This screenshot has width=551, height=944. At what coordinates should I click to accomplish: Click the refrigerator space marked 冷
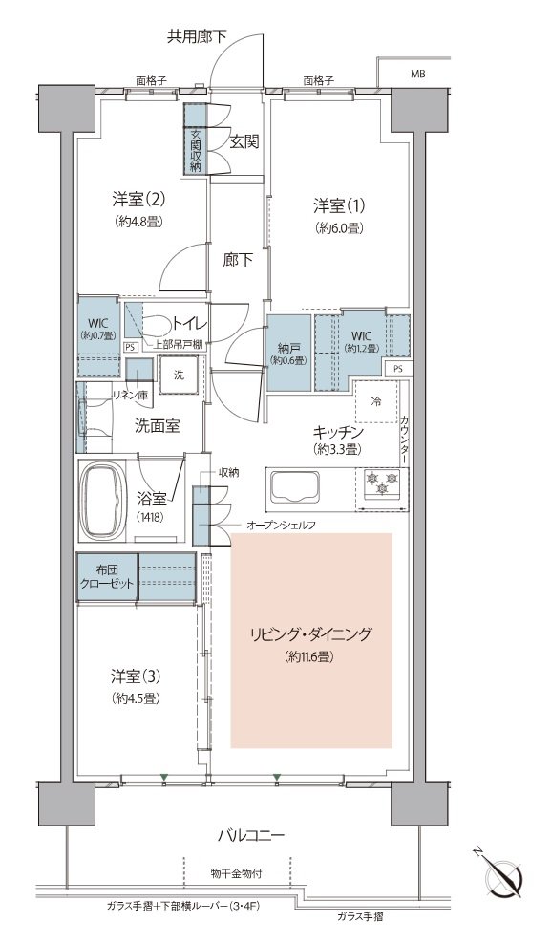[375, 401]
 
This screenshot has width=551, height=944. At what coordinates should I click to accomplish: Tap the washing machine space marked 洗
[180, 375]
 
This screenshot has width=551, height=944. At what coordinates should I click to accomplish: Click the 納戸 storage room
[288, 354]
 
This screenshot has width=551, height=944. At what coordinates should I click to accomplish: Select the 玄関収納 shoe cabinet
[196, 139]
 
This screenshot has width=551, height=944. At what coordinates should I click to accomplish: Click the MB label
[417, 75]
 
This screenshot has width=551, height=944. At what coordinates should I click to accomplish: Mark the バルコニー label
[251, 835]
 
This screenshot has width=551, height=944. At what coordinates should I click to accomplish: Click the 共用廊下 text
[197, 37]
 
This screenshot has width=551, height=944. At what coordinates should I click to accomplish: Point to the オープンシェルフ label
[282, 525]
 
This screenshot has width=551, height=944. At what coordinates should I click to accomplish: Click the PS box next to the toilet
[129, 347]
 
